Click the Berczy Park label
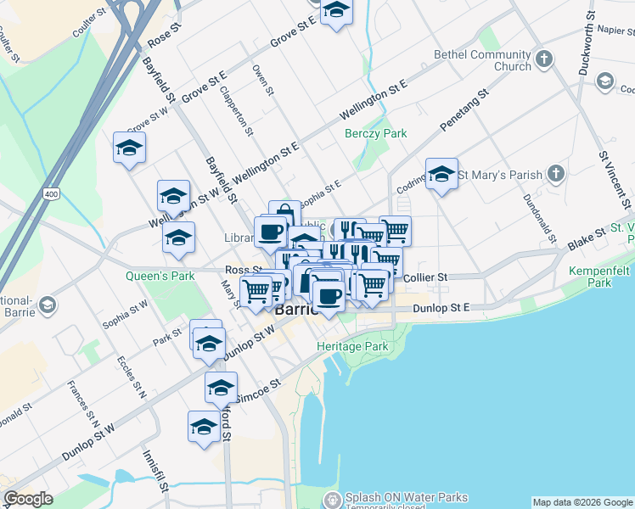pos(376,133)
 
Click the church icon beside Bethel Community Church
pos(544,59)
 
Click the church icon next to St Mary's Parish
pos(555,175)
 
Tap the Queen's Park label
pos(149,276)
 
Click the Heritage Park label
pos(352,346)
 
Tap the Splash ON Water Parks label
pos(407,497)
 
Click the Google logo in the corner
pos(28,499)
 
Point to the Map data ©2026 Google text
pos(582,502)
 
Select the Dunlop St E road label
pos(441,309)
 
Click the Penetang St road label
pos(465,111)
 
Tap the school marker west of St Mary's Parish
pos(441,175)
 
